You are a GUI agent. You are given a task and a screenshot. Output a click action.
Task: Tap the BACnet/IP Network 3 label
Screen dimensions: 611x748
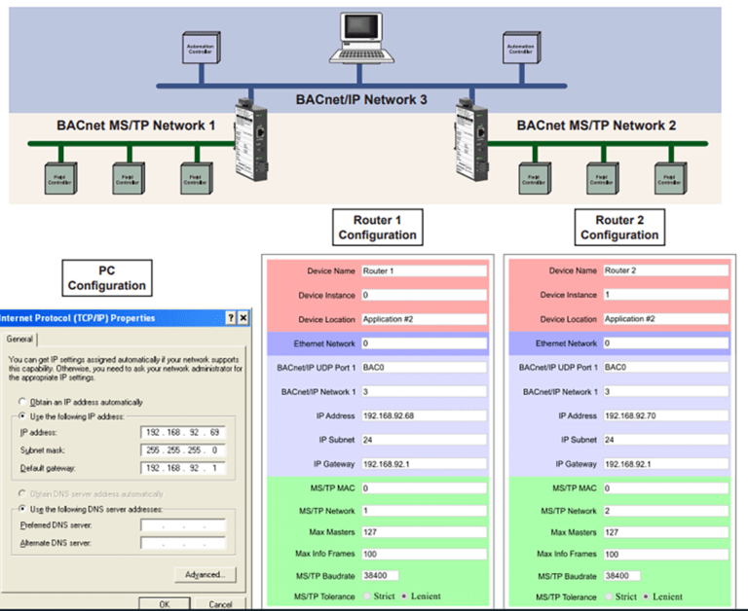[x=361, y=99]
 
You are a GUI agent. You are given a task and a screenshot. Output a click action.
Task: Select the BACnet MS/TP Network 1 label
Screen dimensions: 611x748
[x=135, y=126]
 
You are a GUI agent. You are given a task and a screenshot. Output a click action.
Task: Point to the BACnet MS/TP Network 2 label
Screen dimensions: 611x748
[x=596, y=126]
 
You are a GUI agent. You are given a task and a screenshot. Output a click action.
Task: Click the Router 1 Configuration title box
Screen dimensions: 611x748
[x=377, y=228]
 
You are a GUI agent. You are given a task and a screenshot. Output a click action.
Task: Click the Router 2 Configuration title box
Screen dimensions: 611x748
[x=618, y=228]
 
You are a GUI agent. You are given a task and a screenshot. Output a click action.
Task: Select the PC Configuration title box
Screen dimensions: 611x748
[x=107, y=277]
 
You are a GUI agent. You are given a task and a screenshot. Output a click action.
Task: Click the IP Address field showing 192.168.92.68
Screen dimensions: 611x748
[x=423, y=415]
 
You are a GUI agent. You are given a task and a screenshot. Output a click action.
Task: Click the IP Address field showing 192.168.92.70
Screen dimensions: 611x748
[x=665, y=415]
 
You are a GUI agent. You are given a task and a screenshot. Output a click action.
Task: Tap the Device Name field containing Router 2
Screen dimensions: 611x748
[x=665, y=270]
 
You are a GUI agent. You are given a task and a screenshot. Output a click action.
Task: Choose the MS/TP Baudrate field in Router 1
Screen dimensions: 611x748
[x=380, y=576]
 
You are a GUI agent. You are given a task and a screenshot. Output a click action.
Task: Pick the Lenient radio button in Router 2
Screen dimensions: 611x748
[x=646, y=596]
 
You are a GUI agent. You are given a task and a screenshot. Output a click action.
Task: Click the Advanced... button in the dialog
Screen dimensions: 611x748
[x=206, y=574]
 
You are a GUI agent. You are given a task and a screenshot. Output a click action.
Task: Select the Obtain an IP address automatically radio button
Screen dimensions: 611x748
[x=22, y=402]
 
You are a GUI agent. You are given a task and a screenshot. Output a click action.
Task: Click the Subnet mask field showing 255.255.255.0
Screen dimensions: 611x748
[x=182, y=450]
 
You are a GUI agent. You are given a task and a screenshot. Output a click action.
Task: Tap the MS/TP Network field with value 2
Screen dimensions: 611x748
[x=665, y=511]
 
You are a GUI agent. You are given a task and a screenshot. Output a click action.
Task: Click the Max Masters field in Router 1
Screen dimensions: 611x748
[x=423, y=532]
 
